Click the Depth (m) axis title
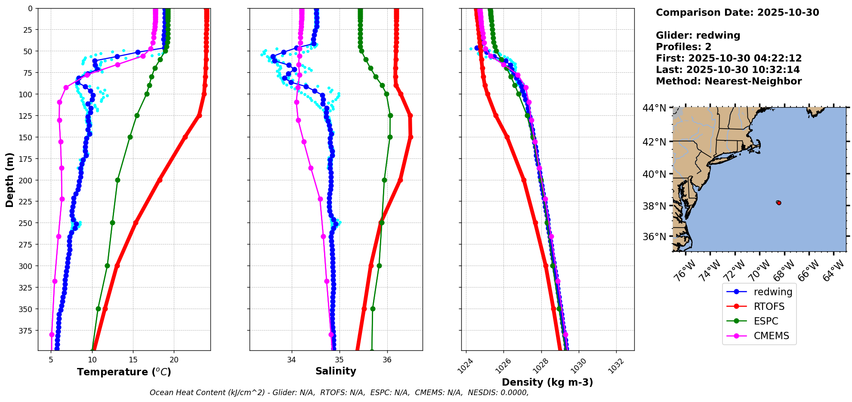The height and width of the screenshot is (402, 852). click(x=9, y=179)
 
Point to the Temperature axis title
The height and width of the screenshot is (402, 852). click(x=124, y=372)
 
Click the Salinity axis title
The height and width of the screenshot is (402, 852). click(x=336, y=371)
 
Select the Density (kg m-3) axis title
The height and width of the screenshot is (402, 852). click(x=547, y=382)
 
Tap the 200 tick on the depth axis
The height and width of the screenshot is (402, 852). click(x=27, y=180)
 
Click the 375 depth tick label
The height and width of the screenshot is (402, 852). click(x=27, y=331)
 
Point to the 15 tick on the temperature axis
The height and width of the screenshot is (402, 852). click(x=133, y=360)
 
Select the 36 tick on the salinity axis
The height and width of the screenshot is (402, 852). click(x=387, y=360)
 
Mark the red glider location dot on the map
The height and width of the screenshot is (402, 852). click(x=778, y=203)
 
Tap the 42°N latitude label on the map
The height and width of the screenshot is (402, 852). click(x=654, y=142)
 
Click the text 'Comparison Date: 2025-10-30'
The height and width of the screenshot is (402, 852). click(x=737, y=12)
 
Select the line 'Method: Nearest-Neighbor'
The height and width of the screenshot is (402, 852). click(x=729, y=81)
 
